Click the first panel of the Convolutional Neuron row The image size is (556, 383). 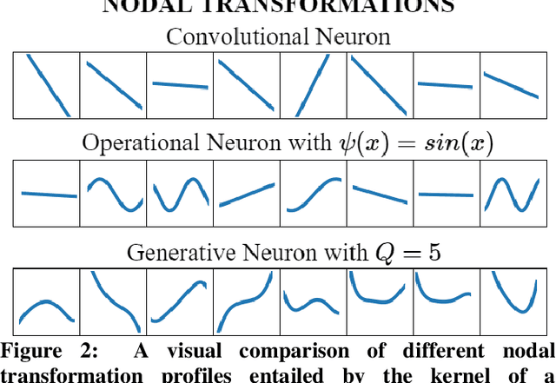click(47, 85)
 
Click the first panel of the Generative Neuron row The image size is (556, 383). click(47, 301)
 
